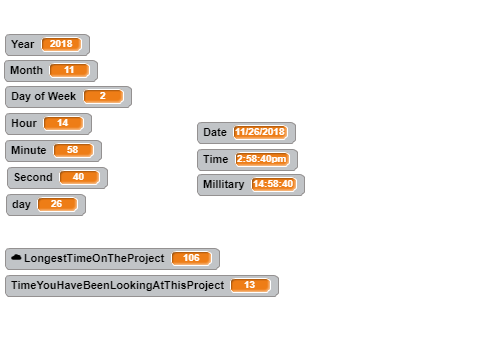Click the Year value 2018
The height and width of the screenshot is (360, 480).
click(61, 44)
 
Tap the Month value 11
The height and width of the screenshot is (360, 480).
click(69, 70)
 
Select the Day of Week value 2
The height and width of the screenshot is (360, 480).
click(103, 96)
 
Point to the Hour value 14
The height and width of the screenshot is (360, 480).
click(63, 123)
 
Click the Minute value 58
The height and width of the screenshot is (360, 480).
click(73, 150)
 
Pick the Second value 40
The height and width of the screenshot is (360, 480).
click(79, 177)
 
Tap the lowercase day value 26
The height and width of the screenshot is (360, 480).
click(57, 204)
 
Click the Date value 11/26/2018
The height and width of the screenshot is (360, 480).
click(260, 132)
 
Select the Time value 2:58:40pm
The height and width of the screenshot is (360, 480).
click(262, 159)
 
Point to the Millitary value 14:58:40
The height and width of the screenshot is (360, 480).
click(273, 184)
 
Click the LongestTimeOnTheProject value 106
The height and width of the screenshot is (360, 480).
click(191, 258)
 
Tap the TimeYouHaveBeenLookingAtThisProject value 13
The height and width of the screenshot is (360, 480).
click(250, 286)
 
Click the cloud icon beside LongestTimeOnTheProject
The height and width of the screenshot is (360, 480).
click(16, 257)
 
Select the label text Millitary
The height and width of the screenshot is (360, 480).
click(224, 184)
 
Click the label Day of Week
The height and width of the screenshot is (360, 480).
click(44, 96)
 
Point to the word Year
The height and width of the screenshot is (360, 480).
click(23, 44)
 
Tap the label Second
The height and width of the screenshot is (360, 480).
click(33, 177)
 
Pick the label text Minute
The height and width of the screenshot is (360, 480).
click(29, 150)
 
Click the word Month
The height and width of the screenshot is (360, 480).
click(27, 70)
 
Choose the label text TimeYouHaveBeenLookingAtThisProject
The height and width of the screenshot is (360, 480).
click(118, 286)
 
